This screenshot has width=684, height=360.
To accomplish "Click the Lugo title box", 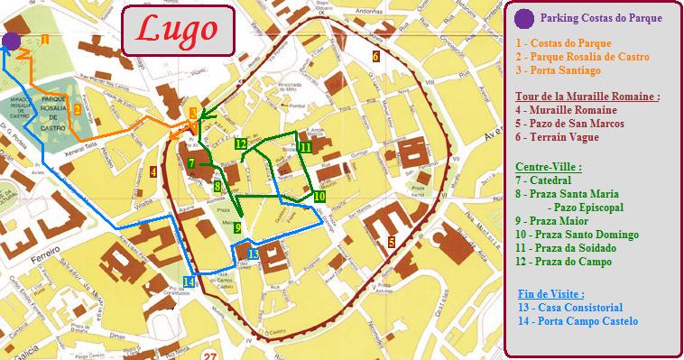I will click(177, 31).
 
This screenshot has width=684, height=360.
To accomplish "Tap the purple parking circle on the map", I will click(11, 40).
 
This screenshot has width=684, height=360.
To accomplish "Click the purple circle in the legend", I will click(522, 18).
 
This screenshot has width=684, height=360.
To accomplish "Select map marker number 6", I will click(374, 57).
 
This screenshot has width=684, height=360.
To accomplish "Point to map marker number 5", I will click(391, 242).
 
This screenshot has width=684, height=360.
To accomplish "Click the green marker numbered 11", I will click(306, 147).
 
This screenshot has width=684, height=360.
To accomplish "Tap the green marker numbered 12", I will click(240, 143).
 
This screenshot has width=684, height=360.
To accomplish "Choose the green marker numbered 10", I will click(319, 196).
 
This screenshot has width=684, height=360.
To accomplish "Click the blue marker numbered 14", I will click(188, 282).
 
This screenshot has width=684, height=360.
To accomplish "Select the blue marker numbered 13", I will click(253, 254).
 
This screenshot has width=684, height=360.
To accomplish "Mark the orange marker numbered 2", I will click(78, 110).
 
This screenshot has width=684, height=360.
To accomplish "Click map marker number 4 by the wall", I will click(154, 171).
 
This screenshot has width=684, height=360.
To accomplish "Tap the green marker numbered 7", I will click(192, 163).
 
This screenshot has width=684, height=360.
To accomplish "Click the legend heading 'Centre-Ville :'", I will click(546, 167).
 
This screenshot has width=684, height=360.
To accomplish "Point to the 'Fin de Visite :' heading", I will click(551, 294).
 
